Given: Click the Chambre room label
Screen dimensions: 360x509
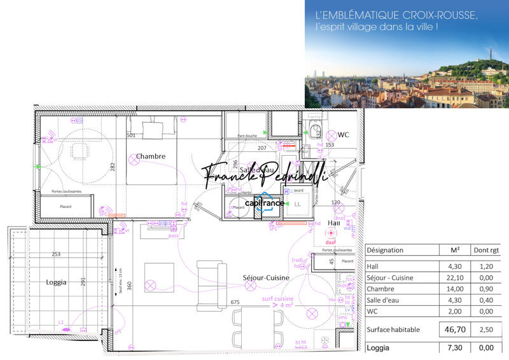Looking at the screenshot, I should coord(151,156).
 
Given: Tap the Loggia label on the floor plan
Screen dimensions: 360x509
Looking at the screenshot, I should coord(57,282).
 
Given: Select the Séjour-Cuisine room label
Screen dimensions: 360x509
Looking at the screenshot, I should coord(266,278).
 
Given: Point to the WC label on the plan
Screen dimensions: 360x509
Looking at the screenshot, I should coord(344,135).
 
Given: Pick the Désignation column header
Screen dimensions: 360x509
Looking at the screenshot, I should coord(386,250).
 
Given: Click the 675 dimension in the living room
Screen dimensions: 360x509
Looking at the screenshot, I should coord(235,302).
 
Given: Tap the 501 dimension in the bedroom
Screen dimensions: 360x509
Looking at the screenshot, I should coord(131,135).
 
